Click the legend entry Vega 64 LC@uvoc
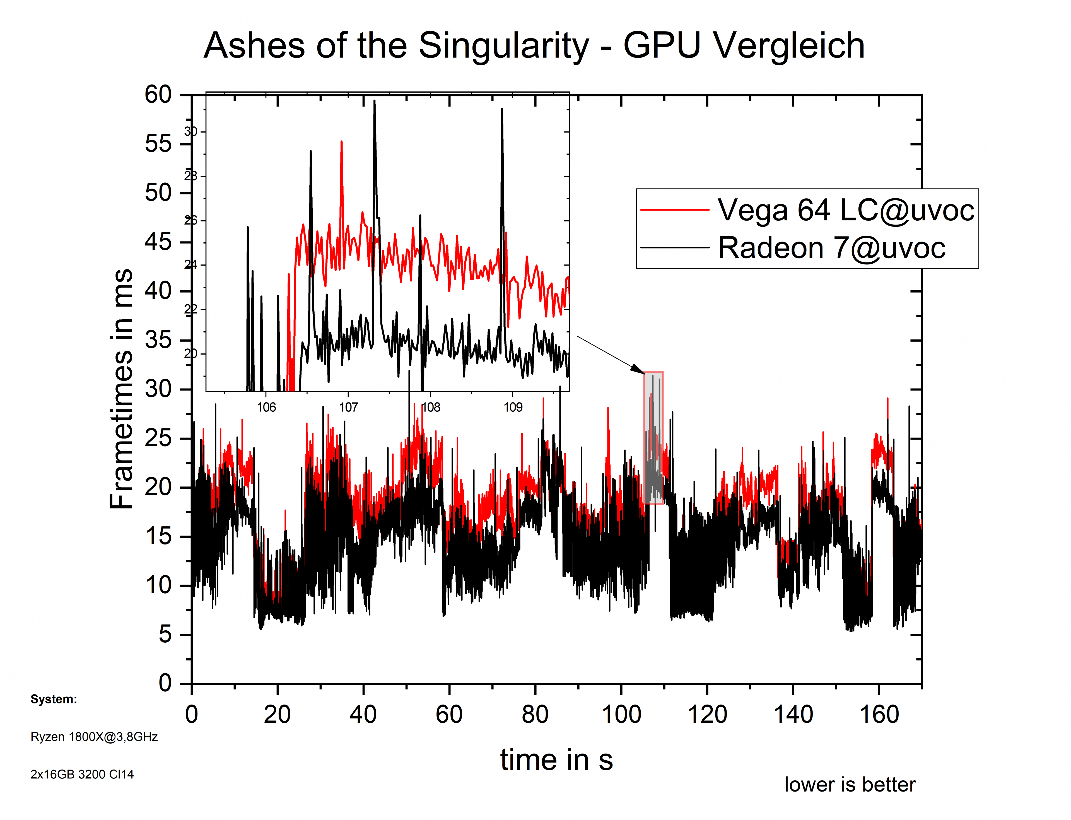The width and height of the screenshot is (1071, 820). click(x=845, y=210)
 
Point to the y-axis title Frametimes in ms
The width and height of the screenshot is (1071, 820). click(x=121, y=389)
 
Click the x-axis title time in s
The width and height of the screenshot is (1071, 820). click(x=556, y=760)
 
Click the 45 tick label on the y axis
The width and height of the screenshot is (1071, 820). click(x=158, y=242)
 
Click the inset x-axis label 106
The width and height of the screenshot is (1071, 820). click(x=267, y=407)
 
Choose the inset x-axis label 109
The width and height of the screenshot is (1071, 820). click(x=513, y=407)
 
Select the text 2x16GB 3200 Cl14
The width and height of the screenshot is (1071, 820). click(x=82, y=774)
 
